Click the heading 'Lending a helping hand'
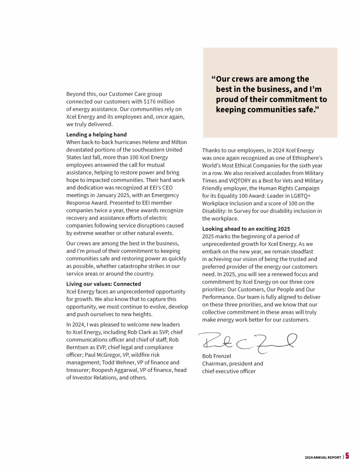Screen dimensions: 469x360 click(97, 135)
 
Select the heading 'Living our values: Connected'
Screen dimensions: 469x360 click(104, 284)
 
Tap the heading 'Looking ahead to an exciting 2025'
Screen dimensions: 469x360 click(246, 229)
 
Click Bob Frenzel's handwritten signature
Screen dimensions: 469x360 click(247, 341)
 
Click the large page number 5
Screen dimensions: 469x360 click(347, 456)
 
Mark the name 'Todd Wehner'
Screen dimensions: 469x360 click(136, 363)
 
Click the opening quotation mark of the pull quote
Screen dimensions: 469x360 click(213, 79)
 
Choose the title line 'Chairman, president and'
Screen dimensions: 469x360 click(232, 363)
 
